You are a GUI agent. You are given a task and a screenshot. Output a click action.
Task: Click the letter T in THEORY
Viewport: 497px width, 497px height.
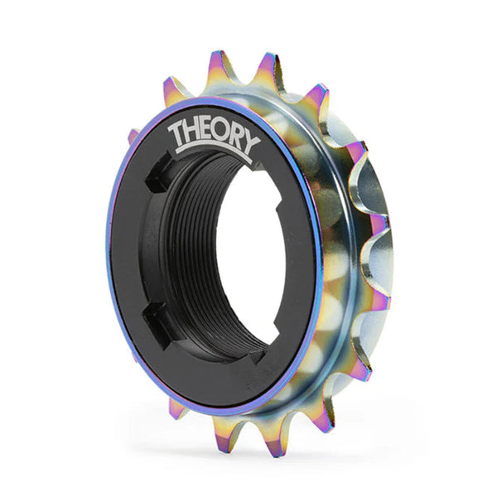click(x=176, y=135)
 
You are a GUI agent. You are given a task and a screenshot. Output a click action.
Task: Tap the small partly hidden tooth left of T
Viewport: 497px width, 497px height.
click(x=133, y=135)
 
